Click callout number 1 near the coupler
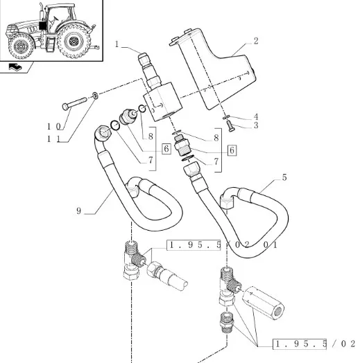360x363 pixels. tap(117, 44)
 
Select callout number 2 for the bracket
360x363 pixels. tap(256, 41)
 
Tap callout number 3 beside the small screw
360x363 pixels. tap(256, 125)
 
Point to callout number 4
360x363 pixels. tap(256, 116)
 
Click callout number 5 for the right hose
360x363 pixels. tap(284, 177)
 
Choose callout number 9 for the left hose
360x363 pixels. tap(79, 211)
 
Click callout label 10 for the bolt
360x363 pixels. tap(54, 127)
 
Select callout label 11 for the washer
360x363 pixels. tap(53, 139)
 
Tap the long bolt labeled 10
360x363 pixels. tap(75, 103)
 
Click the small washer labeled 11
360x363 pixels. tap(95, 95)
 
